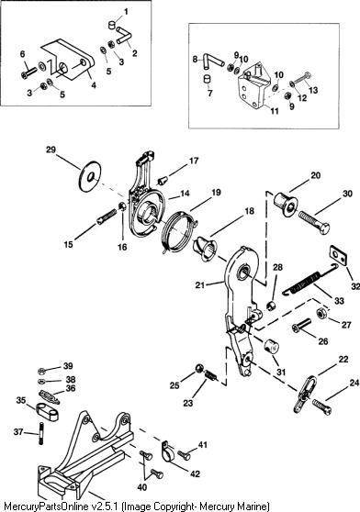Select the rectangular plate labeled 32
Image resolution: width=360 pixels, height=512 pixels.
(x=338, y=256)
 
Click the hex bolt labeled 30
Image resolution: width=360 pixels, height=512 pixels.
(x=314, y=221)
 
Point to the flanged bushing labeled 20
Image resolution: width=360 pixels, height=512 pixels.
(x=285, y=203)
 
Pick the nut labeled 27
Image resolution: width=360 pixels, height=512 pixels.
(x=321, y=313)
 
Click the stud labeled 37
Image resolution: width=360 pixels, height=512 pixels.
(x=40, y=434)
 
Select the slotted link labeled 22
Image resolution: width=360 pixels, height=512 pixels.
(x=306, y=395)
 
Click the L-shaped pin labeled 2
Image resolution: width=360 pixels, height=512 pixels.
(x=123, y=35)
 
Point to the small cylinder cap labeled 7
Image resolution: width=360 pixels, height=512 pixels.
(x=208, y=79)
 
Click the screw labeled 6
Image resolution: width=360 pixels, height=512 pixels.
(x=29, y=72)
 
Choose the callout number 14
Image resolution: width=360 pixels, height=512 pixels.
(x=185, y=194)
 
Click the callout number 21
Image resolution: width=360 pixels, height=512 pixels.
(x=199, y=284)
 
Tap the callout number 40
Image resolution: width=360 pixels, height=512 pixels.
(x=142, y=487)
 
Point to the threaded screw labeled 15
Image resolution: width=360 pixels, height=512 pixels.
(x=107, y=217)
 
